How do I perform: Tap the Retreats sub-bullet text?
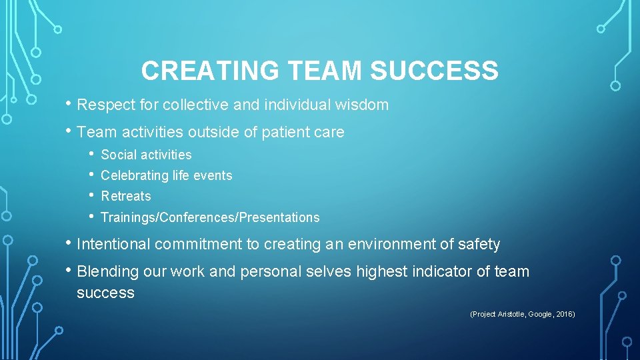point(126,197)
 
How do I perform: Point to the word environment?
point(387,245)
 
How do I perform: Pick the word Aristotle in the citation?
point(511,314)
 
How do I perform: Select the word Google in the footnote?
point(540,314)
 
